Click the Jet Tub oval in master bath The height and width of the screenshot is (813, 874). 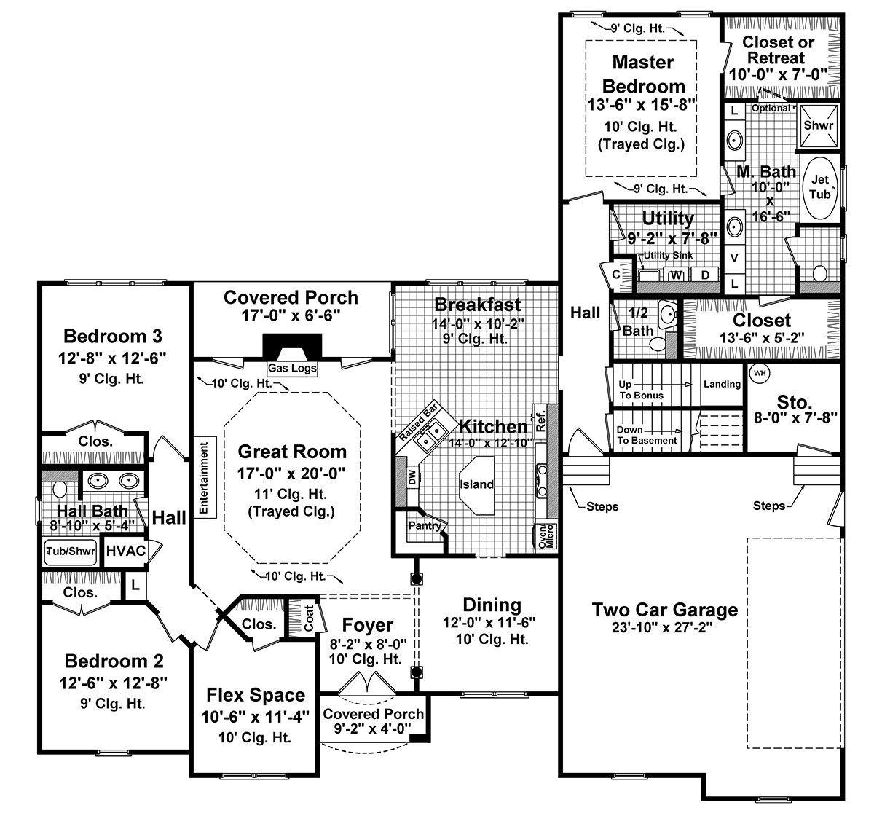(x=821, y=186)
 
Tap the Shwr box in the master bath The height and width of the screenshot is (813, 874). (x=817, y=125)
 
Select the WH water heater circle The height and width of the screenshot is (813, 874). (x=760, y=373)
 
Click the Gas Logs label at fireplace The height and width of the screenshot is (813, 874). (x=292, y=368)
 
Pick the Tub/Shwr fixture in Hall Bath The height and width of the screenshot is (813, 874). (x=71, y=551)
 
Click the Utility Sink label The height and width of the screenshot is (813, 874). (x=666, y=256)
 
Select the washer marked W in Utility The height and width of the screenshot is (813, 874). (x=677, y=275)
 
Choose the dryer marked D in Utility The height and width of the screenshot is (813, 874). (x=704, y=275)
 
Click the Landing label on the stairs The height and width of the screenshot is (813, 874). (x=722, y=384)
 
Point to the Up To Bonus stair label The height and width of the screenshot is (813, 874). (x=641, y=390)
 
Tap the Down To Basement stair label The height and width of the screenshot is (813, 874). (x=647, y=435)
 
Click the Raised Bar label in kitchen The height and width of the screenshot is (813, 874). (x=417, y=420)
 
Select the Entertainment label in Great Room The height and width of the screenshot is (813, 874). (x=204, y=477)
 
